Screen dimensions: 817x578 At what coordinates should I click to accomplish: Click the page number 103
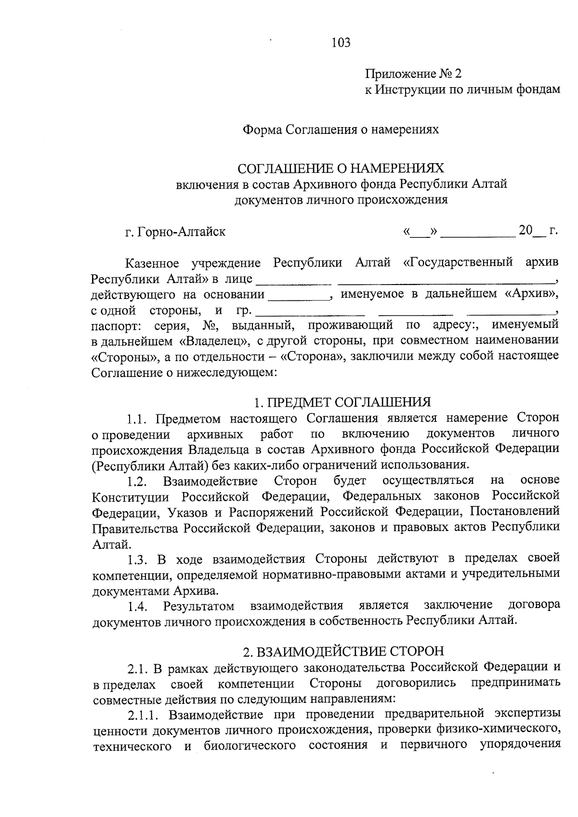pos(341,43)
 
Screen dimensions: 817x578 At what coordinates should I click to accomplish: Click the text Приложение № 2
pos(413,74)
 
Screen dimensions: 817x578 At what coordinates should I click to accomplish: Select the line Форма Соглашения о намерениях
pos(341,130)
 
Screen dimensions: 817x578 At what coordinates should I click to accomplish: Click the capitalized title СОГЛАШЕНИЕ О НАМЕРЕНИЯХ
pos(341,168)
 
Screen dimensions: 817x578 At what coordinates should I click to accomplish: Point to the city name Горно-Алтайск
pos(182,232)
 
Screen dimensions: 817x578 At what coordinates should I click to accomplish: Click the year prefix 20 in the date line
pos(525,231)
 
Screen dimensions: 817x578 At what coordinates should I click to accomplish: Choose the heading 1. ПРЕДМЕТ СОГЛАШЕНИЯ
pos(342,402)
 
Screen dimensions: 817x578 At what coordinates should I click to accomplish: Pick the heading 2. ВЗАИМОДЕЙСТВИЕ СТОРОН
pos(343,651)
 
